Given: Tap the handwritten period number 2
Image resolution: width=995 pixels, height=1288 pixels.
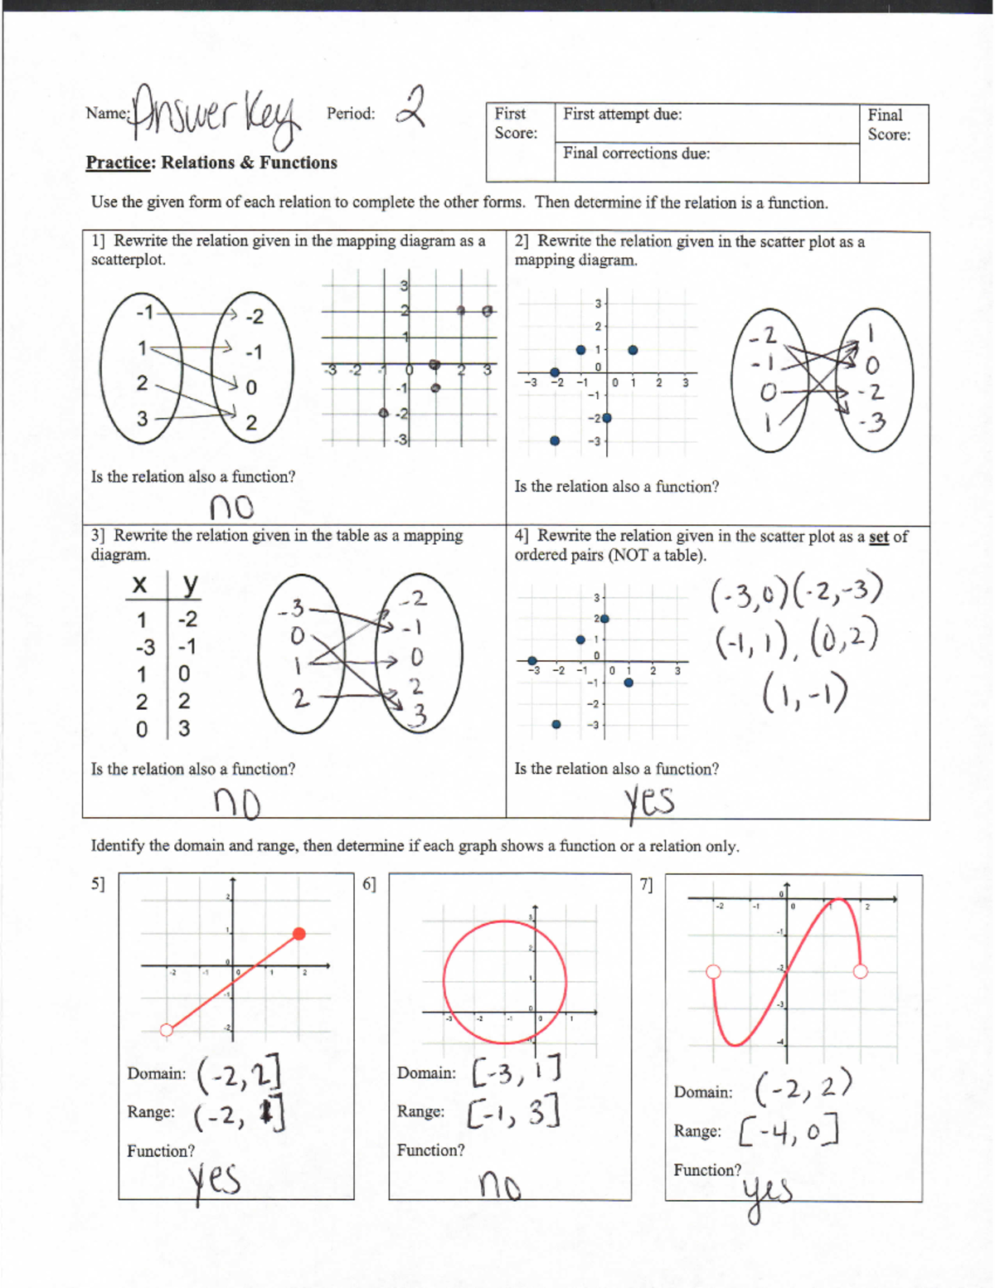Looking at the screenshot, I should pos(410,108).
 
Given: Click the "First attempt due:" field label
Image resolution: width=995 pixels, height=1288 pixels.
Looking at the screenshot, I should pos(622,114).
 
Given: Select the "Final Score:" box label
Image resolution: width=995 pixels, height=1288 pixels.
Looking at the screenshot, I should pos(888,124).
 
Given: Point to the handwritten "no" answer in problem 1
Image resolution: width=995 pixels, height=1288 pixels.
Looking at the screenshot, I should pos(231,506).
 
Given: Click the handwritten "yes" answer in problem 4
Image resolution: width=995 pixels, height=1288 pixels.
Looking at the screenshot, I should pos(648,802).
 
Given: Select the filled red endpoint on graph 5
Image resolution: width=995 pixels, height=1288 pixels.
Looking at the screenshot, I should pos(299,934).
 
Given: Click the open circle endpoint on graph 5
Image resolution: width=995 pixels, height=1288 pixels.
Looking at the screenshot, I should pos(167,1030).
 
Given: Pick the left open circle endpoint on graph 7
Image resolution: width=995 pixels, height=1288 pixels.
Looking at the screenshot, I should pos(713,972).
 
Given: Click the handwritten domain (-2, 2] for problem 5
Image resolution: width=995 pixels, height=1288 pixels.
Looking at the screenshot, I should pos(239,1073).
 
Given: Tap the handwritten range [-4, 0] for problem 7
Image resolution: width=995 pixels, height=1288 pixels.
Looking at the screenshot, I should pos(789,1130).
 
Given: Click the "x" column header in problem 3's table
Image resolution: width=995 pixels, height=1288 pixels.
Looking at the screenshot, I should pos(140,585).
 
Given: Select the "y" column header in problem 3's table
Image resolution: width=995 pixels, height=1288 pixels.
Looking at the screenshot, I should pos(190,585).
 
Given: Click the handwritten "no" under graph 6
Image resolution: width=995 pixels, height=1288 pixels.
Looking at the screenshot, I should pos(500,1187).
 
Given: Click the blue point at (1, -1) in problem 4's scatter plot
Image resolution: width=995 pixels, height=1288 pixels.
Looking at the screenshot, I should pos(629,683).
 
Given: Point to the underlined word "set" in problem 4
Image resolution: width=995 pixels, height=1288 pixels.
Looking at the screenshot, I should pos(878,537).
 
